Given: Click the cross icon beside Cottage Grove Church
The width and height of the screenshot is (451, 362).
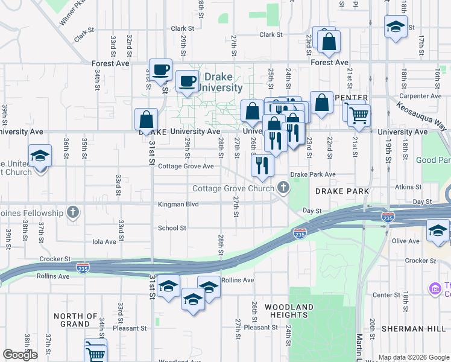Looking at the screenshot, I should point(282,188).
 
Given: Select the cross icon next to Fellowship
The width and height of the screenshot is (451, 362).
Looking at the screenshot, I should point(73,212).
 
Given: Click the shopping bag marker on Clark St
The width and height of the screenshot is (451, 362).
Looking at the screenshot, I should point(329,42).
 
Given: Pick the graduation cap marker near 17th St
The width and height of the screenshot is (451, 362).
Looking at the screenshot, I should point(396,27).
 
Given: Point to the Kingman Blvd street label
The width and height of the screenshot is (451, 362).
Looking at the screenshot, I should point(178,205).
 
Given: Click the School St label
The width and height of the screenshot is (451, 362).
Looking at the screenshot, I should point(172,228).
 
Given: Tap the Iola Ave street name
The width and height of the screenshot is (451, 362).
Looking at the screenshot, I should point(104,241).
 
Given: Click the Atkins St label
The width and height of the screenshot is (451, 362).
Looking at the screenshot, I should point(407,187).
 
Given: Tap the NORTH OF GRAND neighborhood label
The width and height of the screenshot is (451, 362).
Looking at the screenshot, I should point(80,320).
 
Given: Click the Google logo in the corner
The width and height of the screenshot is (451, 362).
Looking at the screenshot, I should point(20,355).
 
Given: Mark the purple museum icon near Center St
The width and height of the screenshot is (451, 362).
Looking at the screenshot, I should point(435,289).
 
